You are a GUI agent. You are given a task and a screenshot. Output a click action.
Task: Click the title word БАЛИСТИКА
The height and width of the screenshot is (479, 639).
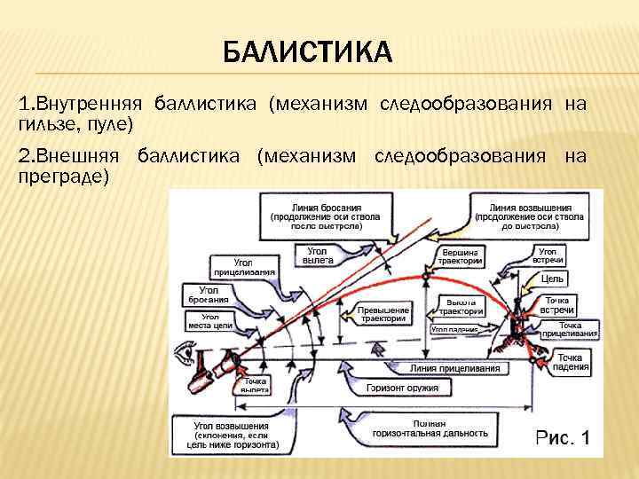point(307,52)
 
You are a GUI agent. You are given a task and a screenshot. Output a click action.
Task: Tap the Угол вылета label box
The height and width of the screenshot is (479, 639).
point(318,255)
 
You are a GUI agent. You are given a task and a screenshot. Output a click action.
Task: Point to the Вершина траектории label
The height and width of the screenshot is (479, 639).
point(461,256)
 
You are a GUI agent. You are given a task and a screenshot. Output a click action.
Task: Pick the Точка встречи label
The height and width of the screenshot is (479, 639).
point(557,304)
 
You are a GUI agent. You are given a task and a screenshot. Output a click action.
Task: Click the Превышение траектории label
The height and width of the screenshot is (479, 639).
point(382,314)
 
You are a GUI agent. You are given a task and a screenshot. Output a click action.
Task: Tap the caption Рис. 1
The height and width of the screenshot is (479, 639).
point(560,436)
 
